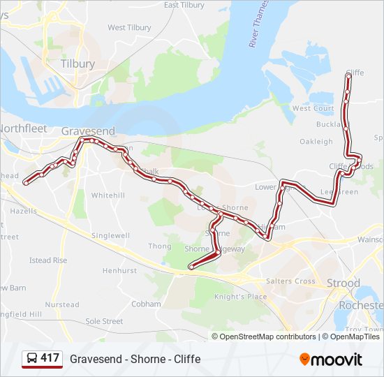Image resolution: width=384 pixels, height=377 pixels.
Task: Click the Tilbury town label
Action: (77, 64)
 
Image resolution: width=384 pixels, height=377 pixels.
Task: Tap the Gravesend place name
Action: (88, 131)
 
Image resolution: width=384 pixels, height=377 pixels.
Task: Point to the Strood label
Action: (344, 283)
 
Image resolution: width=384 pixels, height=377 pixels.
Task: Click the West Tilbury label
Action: (129, 28)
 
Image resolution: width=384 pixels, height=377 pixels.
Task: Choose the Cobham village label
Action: (146, 304)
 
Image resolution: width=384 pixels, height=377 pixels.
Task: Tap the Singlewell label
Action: (110, 236)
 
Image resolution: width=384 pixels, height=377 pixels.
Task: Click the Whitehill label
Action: (108, 195)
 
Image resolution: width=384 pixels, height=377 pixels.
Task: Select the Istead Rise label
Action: (48, 260)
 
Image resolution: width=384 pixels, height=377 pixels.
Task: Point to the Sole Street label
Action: (104, 321)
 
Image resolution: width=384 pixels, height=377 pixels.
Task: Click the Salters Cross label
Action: (290, 281)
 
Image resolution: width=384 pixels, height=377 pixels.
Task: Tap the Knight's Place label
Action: (240, 297)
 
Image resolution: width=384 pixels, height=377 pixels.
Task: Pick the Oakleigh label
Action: (316, 142)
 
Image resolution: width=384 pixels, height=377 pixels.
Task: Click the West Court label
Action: (313, 109)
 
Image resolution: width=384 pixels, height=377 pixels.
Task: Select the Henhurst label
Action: (119, 270)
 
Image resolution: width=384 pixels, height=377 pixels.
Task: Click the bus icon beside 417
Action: (31, 359)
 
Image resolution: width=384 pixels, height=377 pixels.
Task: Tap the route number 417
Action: (50, 358)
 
